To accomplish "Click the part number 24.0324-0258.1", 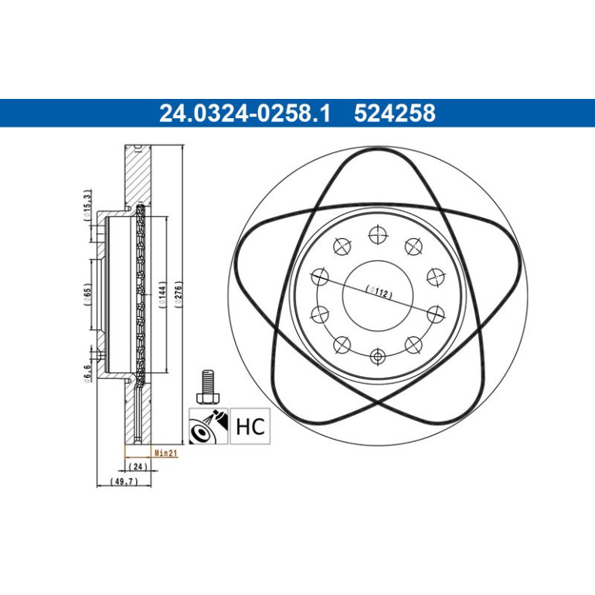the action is pos(245,113).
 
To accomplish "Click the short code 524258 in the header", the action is pos(395,113).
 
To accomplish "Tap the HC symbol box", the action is pos(250,426).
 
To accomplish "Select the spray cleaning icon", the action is pos(209,426).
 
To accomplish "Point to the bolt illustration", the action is pos(208,386).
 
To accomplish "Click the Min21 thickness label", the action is pos(166,453).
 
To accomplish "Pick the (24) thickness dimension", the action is pos(138,466).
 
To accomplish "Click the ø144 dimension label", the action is pos(162,294).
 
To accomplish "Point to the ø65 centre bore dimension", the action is pos(87,295).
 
